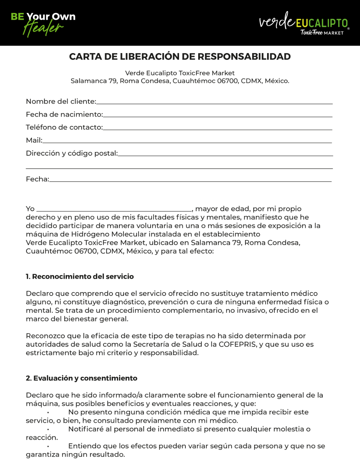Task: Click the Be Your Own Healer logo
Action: [x=43, y=23]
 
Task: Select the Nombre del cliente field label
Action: [x=61, y=102]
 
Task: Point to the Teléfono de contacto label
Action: [x=64, y=128]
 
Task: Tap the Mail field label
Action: [x=34, y=140]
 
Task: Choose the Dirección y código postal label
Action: [x=72, y=153]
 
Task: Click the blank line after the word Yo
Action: [x=114, y=210]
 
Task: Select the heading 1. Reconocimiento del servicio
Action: [x=80, y=277]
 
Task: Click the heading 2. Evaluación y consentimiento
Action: [x=82, y=378]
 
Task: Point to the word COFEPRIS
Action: [x=237, y=344]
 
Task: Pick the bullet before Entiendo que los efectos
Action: [x=48, y=446]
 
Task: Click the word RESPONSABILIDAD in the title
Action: [x=244, y=57]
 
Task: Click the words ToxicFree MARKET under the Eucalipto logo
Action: [x=322, y=33]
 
